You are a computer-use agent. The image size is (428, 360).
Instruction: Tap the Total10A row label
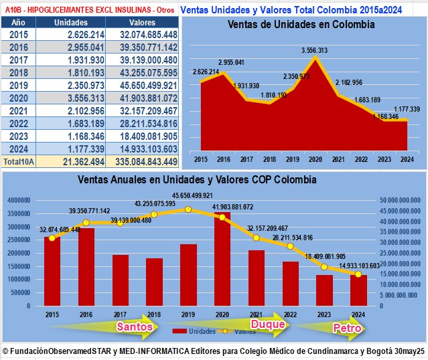[18, 161]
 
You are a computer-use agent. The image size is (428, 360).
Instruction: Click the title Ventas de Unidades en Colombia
[301, 24]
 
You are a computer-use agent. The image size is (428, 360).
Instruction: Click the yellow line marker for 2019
[188, 209]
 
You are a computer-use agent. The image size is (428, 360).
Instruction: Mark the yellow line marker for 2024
[358, 274]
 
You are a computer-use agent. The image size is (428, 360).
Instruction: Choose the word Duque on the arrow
[269, 325]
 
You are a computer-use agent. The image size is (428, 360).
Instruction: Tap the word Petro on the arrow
[347, 328]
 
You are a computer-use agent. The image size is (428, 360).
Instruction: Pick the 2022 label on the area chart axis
[360, 160]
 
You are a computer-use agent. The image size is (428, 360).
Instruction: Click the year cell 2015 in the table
[18, 34]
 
